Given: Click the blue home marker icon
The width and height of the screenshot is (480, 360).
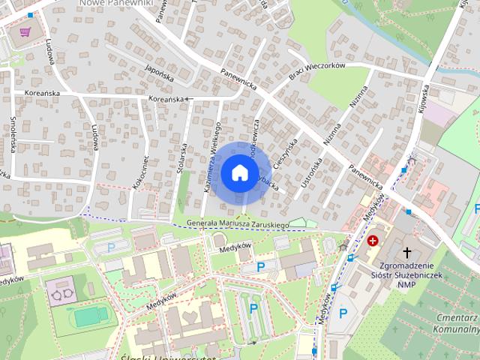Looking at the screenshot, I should click(x=239, y=172).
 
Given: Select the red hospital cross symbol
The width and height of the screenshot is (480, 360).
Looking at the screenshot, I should click(x=373, y=241).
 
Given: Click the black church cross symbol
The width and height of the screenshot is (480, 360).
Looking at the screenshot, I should click(x=408, y=253).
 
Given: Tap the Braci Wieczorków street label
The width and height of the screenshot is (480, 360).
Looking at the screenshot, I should click(x=316, y=71).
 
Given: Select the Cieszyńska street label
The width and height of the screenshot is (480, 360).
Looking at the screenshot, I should click(x=287, y=156).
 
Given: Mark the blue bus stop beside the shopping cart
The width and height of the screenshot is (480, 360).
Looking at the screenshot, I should click(x=30, y=15).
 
